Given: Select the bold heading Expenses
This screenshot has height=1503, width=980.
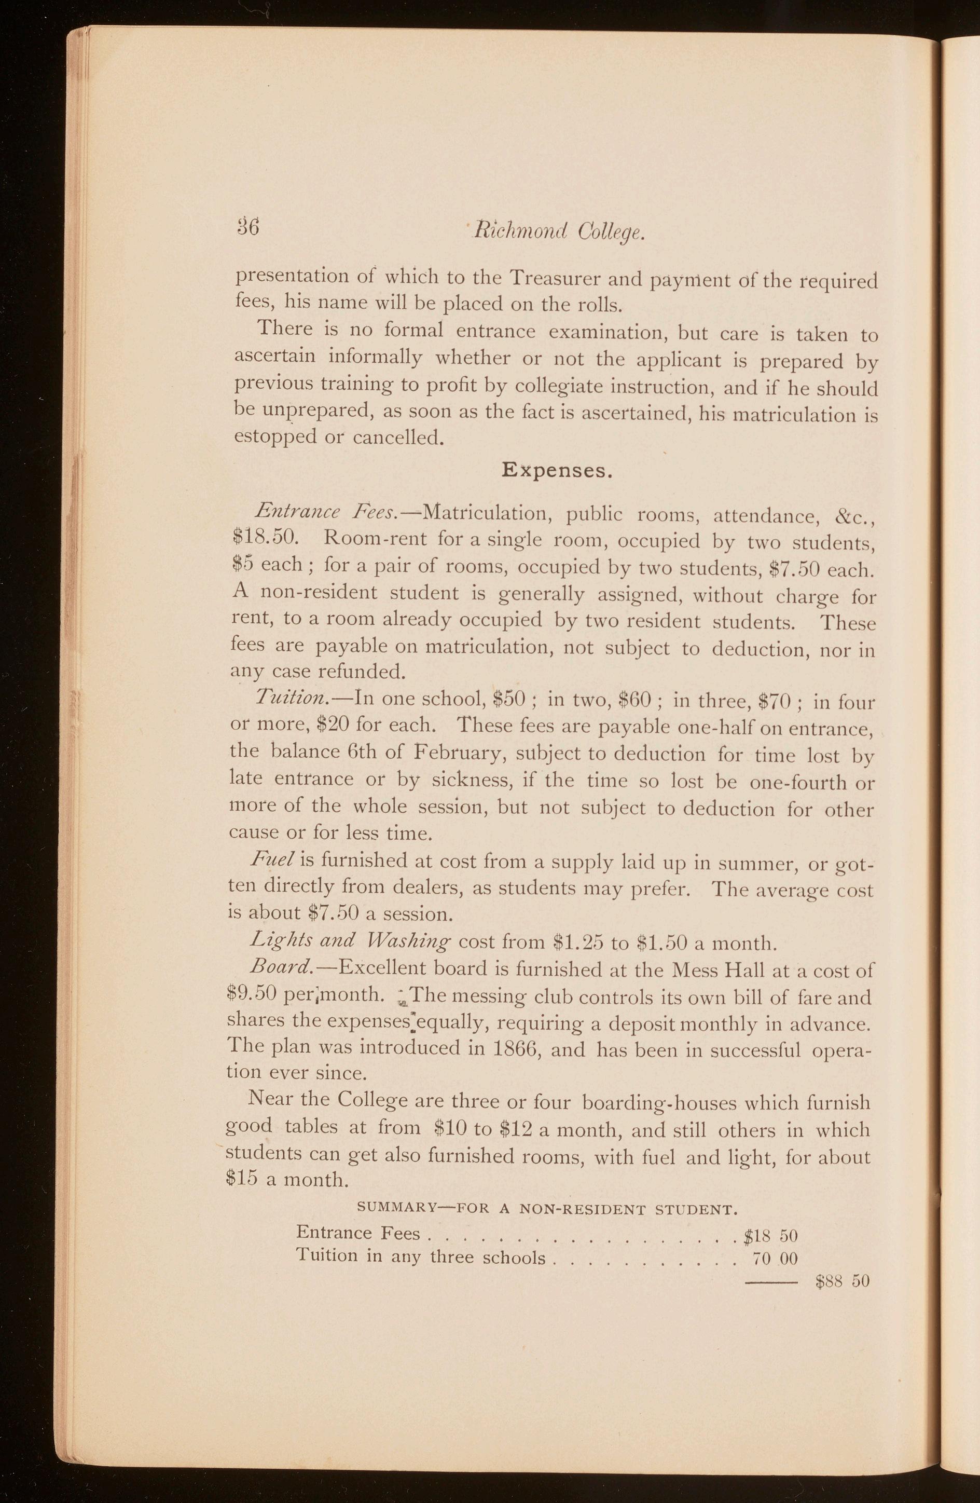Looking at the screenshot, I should coord(556,471).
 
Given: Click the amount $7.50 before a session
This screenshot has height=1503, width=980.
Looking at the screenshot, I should coord(332,914).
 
